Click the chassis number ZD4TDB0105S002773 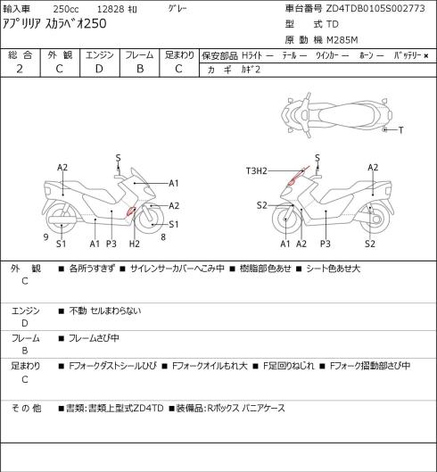pyautogui.click(x=375, y=8)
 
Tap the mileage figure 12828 pyautogui.click(x=111, y=9)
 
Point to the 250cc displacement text pyautogui.click(x=66, y=9)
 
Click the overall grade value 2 pyautogui.click(x=20, y=69)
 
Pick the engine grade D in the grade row pyautogui.click(x=99, y=69)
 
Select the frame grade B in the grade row pyautogui.click(x=140, y=69)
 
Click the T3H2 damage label pyautogui.click(x=257, y=171)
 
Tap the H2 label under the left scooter pyautogui.click(x=135, y=244)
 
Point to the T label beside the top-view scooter pyautogui.click(x=401, y=130)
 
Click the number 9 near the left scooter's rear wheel pyautogui.click(x=45, y=237)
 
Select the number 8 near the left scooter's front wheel pyautogui.click(x=163, y=237)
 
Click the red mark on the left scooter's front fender pyautogui.click(x=131, y=211)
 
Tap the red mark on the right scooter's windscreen pyautogui.click(x=297, y=176)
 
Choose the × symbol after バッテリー pyautogui.click(x=426, y=56)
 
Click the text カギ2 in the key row pyautogui.click(x=251, y=70)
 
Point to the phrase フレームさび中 pyautogui.click(x=94, y=338)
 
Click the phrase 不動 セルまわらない pyautogui.click(x=104, y=311)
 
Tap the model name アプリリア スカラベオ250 pyautogui.click(x=54, y=23)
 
